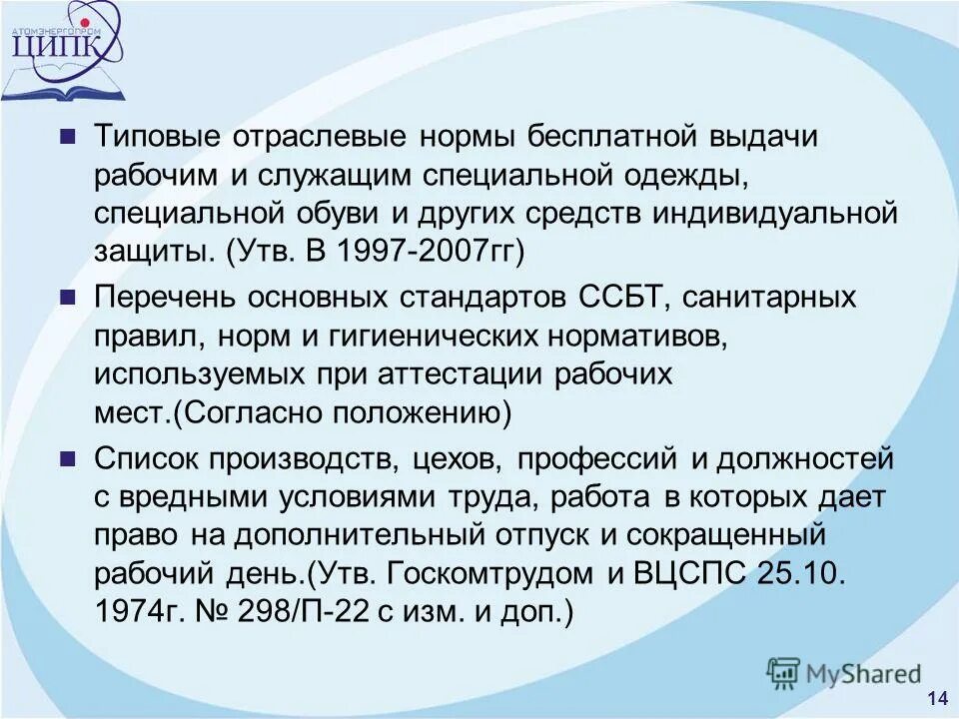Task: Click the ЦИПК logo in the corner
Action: (66, 50)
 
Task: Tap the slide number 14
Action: (937, 698)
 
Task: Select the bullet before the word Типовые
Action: (67, 137)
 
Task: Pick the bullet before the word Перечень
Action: (67, 297)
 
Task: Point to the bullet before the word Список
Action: (67, 458)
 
